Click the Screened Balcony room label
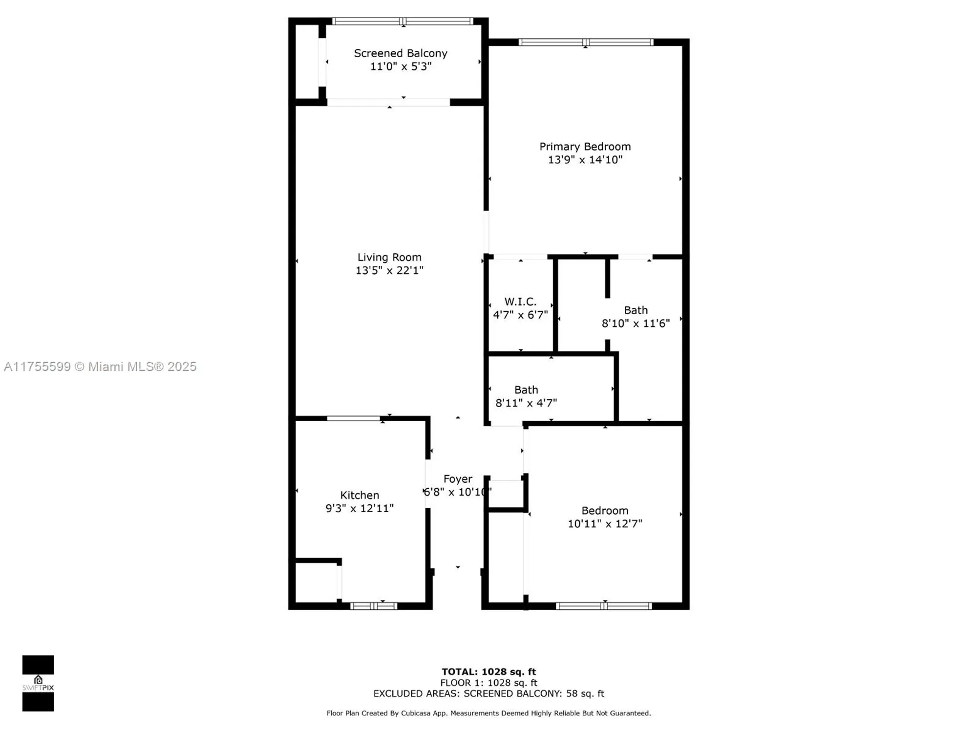[x=401, y=53]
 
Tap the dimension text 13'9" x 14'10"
[x=585, y=160]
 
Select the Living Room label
[x=389, y=257]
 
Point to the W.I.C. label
[x=520, y=302]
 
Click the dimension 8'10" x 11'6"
[x=636, y=323]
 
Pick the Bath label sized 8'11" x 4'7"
[x=526, y=390]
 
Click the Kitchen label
[x=360, y=495]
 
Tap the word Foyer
[x=458, y=479]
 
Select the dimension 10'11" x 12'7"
[x=605, y=524]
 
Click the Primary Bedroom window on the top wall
[x=586, y=43]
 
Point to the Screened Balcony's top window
[x=403, y=22]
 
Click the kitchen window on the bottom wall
[x=374, y=606]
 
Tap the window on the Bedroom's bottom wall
[x=604, y=606]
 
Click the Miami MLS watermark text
[x=100, y=366]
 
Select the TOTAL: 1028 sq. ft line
[x=488, y=672]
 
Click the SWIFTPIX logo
[x=38, y=683]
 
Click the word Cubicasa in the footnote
[x=416, y=713]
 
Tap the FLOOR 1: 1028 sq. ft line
[x=488, y=683]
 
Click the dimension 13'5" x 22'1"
[x=389, y=270]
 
